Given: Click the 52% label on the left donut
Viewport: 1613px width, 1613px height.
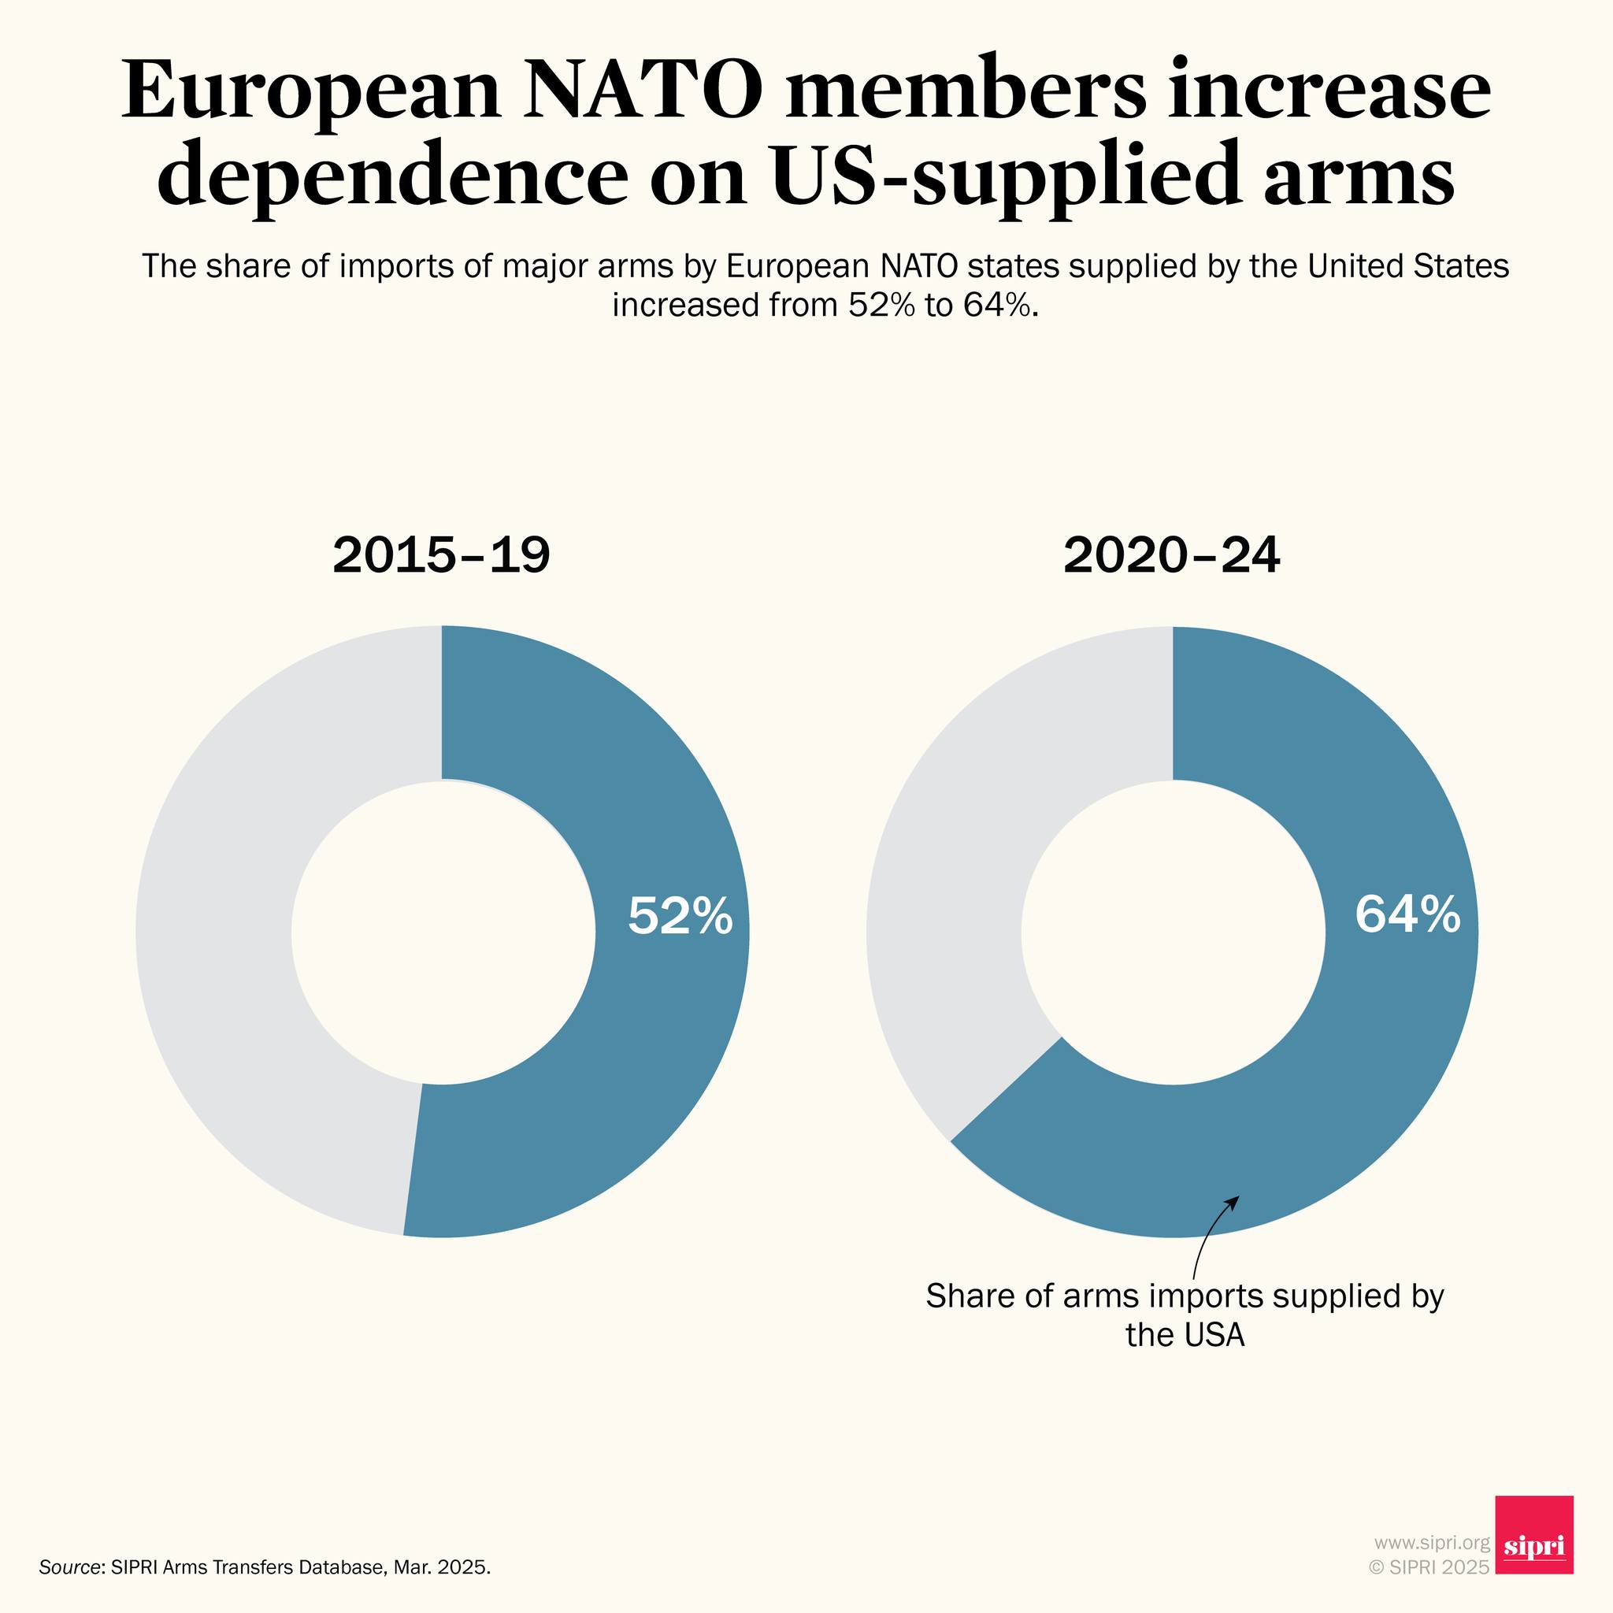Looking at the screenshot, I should click(x=680, y=916).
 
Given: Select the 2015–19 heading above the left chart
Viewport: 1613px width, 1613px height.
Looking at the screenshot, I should click(x=441, y=555).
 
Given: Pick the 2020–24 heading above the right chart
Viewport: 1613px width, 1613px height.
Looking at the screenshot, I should click(x=1171, y=555).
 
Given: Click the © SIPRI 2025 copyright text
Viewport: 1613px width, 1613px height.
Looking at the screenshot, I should click(x=1429, y=1567).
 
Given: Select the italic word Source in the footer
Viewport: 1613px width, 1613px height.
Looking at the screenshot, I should click(x=69, y=1567).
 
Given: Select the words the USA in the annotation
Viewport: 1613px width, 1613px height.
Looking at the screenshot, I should click(x=1185, y=1334).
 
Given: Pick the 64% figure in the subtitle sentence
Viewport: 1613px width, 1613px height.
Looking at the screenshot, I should click(x=999, y=306).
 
